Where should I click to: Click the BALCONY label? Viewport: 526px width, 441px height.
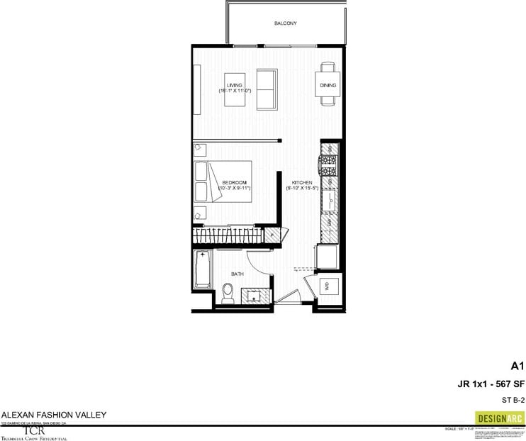[285, 23]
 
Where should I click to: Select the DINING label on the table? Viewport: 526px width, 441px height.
[328, 85]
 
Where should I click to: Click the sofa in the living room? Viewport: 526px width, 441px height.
[267, 89]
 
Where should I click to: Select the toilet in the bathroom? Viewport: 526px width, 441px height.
[228, 292]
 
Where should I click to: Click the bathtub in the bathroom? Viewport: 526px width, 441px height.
[202, 277]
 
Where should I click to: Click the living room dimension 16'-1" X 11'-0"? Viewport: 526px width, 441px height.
[235, 91]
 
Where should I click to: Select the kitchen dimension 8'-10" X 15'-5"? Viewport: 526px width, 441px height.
[298, 189]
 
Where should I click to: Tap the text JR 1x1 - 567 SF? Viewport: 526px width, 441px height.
[491, 384]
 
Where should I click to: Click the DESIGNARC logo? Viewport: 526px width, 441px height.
[499, 418]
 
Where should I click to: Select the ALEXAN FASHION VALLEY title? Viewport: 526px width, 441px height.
[43, 415]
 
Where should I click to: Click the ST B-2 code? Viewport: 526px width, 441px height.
[512, 400]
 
